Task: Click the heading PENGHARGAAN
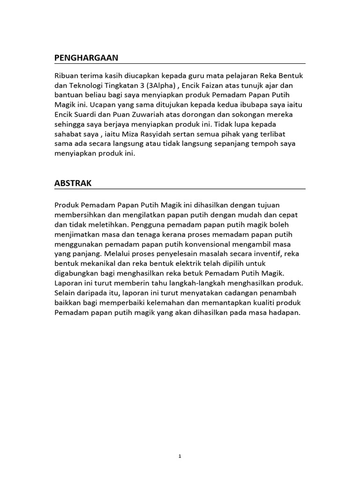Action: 86,58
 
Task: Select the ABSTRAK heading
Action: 73,183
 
